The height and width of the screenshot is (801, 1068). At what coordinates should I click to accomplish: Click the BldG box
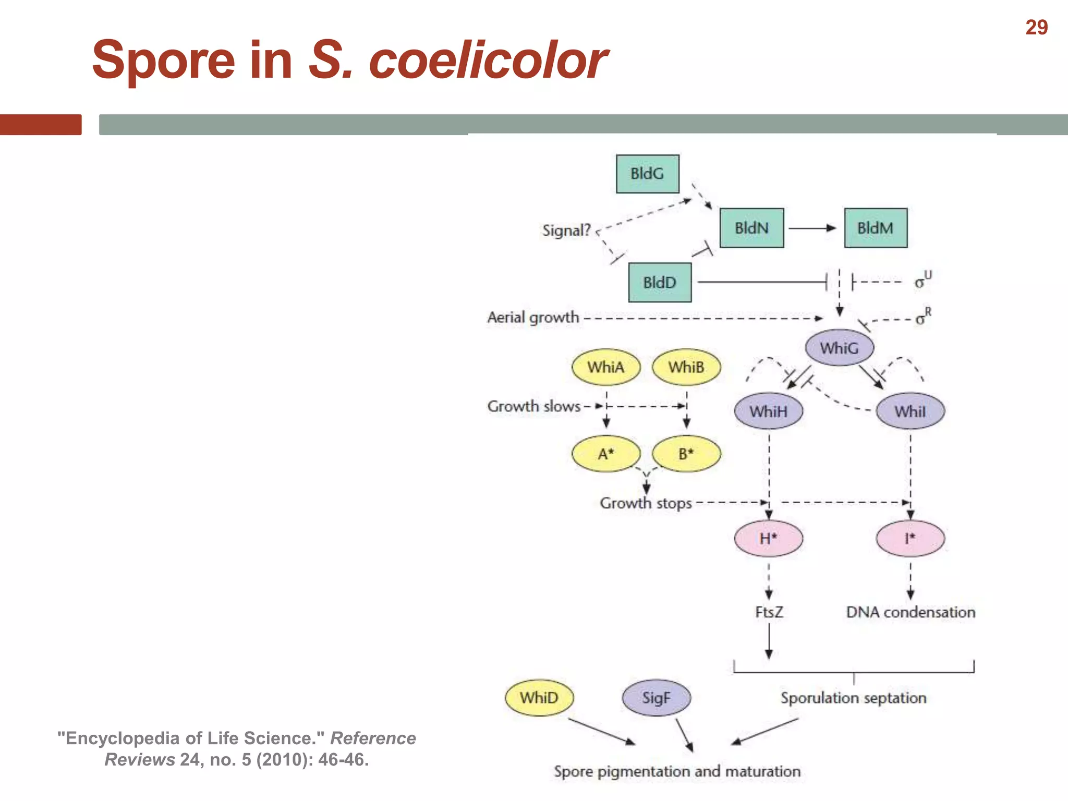pos(647,174)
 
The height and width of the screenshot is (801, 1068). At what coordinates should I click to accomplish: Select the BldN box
pos(751,228)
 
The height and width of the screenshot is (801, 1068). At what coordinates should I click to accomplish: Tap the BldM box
pos(876,228)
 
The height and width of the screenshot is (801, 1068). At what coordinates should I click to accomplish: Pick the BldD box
pos(660,282)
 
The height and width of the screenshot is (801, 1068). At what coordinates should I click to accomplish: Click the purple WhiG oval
pos(839,348)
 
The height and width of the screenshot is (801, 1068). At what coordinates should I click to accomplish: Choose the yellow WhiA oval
pos(606,367)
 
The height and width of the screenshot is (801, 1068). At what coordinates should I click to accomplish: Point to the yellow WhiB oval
pos(686,367)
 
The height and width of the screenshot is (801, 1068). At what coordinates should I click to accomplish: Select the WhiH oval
pos(769,411)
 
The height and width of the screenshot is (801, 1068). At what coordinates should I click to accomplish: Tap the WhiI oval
pos(910,411)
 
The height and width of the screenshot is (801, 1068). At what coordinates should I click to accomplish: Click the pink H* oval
pos(768,538)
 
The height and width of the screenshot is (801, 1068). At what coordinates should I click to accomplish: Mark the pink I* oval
pos(910,538)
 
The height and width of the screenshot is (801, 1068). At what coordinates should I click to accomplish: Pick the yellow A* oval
pos(606,454)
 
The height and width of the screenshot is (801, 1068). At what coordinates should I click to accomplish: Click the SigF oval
pos(656,698)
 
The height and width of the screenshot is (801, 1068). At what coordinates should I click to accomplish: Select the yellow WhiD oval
pos(539,698)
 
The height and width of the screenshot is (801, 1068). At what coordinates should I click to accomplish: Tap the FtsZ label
pos(769,612)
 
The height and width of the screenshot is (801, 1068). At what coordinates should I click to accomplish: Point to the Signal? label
pos(566,230)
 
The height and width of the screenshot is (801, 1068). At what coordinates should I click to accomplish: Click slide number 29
pos(1036,28)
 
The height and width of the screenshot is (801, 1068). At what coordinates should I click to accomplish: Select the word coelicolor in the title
pos(488,60)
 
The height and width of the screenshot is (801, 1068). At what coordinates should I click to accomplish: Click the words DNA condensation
pos(911,612)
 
